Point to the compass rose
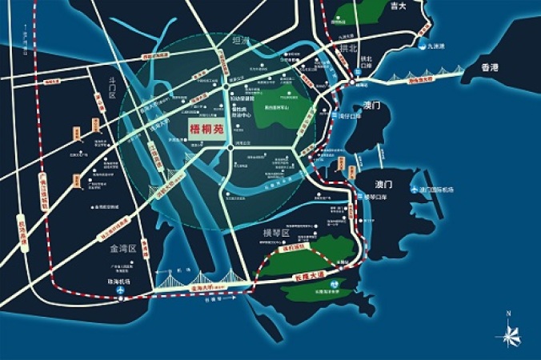509,332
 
